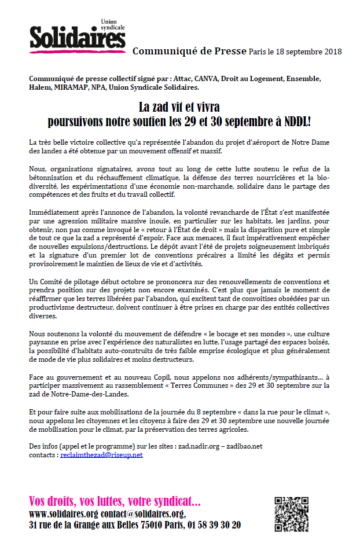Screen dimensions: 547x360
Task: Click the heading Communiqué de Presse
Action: [189, 51]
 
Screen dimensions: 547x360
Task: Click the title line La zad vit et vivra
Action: [179, 108]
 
